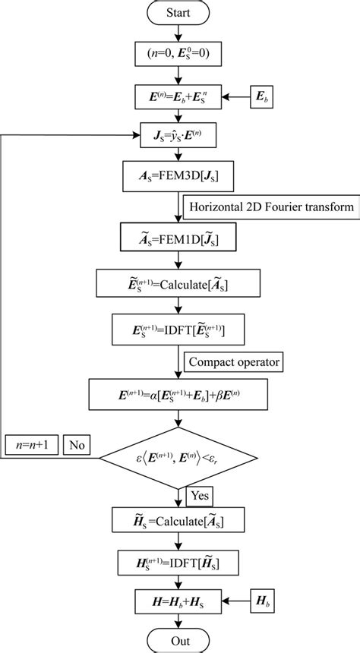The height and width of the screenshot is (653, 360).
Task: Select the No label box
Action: point(77,445)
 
